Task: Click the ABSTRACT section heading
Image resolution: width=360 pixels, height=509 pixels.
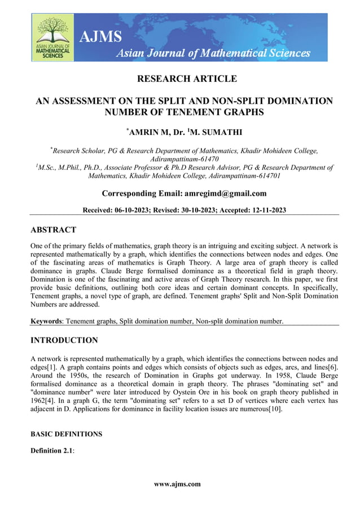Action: [x=53, y=230]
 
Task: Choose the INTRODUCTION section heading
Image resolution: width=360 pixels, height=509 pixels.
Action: [x=64, y=340]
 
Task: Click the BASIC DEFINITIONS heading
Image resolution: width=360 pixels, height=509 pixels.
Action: [x=66, y=434]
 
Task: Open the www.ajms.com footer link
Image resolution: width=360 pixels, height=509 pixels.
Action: [x=177, y=484]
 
